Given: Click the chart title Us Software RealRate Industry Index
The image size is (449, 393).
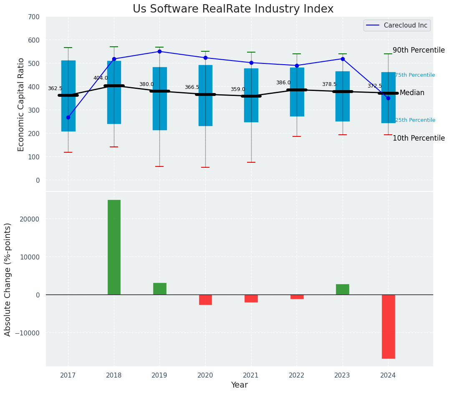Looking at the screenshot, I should point(233,9).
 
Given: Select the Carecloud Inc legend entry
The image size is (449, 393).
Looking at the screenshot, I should point(397,25).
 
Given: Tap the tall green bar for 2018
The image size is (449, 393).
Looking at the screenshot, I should point(114,247).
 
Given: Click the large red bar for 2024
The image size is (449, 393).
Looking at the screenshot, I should point(388,326).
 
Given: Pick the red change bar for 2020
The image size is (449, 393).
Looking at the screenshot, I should point(205,300).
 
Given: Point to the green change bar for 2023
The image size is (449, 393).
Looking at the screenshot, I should point(343,290).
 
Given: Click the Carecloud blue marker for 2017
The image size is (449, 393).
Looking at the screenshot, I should point(68,117).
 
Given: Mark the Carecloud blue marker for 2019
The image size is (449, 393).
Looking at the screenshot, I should point(159,51).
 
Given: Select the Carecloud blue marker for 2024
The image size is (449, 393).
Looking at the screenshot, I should point(388,98).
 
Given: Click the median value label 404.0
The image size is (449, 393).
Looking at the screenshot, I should point(101,78).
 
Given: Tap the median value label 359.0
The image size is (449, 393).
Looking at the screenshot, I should point(238,89).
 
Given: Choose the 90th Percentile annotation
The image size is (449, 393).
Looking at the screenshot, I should point(419,50).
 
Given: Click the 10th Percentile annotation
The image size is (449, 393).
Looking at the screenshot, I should point(419,138).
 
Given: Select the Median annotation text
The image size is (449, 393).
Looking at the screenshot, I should point(412,93).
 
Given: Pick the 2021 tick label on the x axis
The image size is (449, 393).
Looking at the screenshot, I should point(251,375).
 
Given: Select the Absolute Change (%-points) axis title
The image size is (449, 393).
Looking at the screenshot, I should point(8,279).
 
